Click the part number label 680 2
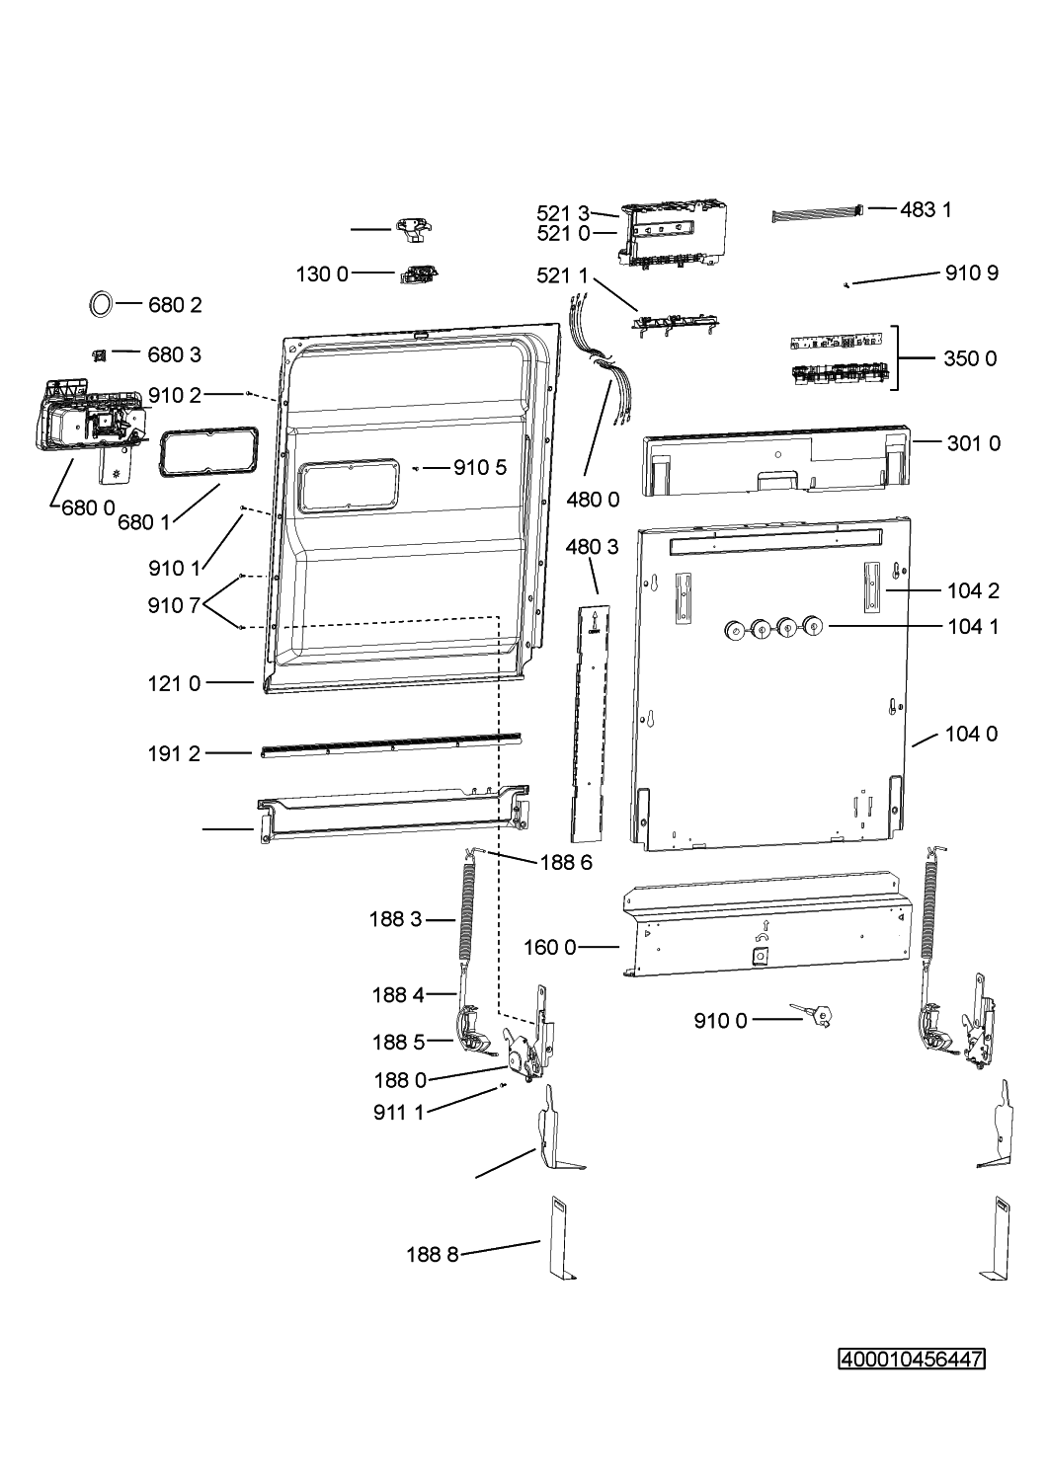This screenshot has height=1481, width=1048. pos(175,305)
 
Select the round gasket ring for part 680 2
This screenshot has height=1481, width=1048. pos(101,304)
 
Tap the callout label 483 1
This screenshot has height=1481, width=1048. pos(926,210)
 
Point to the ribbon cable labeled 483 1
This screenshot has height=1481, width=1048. pos(819,215)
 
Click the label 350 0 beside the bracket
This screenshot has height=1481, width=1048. pos(970,359)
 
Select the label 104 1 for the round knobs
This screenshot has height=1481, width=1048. pos(973,627)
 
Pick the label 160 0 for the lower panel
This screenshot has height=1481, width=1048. pos(550,948)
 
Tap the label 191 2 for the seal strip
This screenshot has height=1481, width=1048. pos(174,753)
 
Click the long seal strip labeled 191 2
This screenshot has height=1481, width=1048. pos(391,745)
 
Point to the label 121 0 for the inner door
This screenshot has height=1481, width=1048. pos(174,683)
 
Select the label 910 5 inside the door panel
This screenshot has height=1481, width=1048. pos(480,468)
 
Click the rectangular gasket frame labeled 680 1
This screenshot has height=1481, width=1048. pos(207,452)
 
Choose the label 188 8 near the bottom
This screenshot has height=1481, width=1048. pos(433,1254)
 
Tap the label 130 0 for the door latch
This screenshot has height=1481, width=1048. pos(322,274)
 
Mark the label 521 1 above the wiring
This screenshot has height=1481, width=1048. pos(562,275)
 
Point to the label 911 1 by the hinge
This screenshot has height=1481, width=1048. pos(399,1113)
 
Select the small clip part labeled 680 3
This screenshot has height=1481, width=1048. pos(99,355)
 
